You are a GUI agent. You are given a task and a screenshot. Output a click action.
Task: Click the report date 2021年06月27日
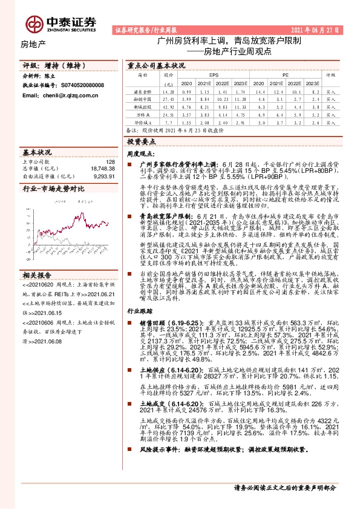pos(317,29)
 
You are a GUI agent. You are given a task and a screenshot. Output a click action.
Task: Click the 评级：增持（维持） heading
pos(45,64)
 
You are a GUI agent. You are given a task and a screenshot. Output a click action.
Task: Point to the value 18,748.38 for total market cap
pos(102,169)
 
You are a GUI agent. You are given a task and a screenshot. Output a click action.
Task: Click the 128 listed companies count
pos(110,161)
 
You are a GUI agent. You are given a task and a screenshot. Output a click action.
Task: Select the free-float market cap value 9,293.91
pos(103,176)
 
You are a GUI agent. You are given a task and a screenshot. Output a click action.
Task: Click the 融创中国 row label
pos(143,98)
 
